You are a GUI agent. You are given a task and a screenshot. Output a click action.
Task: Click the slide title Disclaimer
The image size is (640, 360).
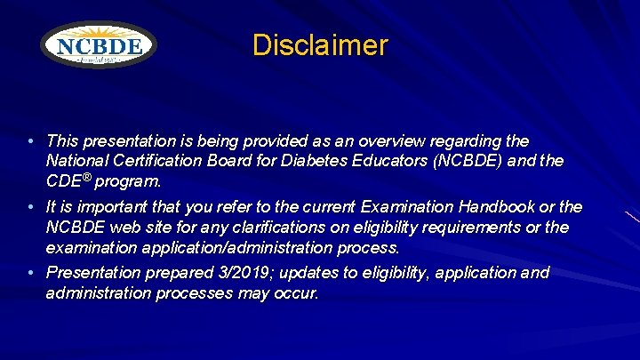(x=320, y=45)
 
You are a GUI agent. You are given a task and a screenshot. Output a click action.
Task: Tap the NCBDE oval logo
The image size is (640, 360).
(x=99, y=45)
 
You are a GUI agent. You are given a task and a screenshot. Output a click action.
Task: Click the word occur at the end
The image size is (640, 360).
(x=295, y=292)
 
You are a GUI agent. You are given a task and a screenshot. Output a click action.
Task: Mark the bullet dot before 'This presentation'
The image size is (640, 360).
(x=31, y=142)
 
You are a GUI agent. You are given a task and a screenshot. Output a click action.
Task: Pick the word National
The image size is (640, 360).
(x=76, y=161)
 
